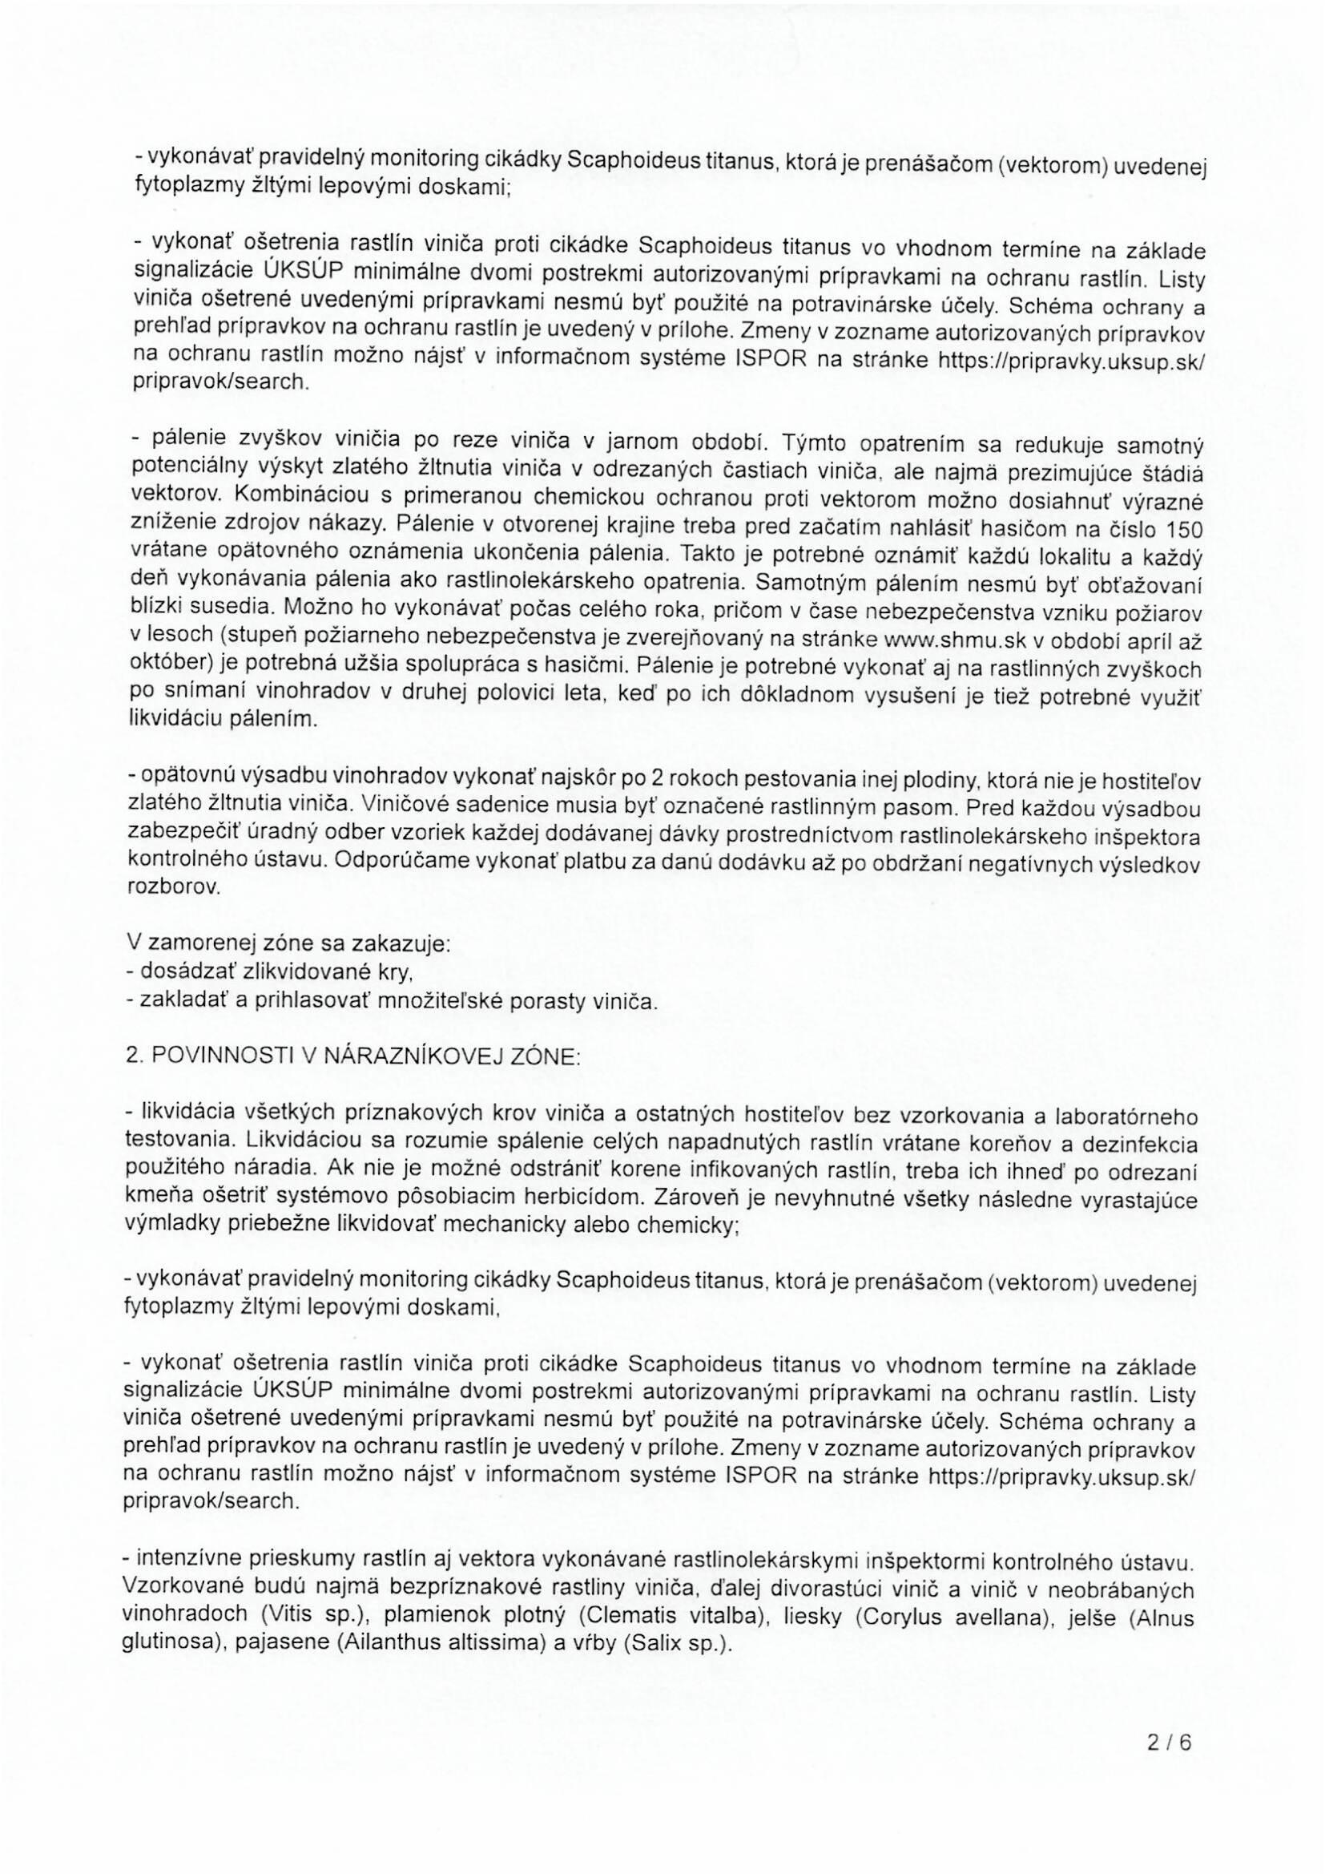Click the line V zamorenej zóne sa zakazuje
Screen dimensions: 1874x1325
(288, 945)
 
